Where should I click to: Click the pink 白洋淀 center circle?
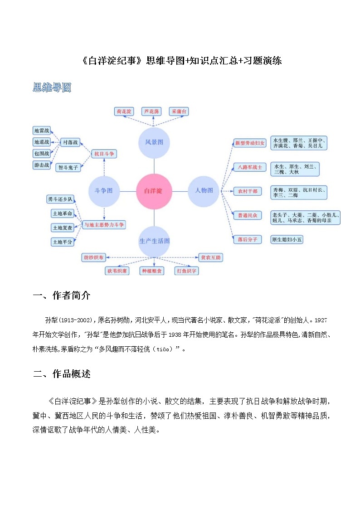154,191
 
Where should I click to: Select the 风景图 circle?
154,142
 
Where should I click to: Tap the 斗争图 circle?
104,191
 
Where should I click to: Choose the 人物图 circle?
204,191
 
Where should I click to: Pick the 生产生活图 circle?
154,241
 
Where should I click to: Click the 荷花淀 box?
124,111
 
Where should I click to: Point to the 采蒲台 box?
179,111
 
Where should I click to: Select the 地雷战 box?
42,131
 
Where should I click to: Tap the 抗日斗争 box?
104,154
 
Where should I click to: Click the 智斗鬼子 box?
68,168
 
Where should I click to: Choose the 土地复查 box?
63,228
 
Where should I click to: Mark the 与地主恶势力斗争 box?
104,224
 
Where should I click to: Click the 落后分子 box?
247,240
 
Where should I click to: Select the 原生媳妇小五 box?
287,240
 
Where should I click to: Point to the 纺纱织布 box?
93,257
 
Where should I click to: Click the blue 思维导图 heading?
52,87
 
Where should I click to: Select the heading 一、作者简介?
62,296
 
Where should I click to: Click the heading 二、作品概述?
62,374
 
